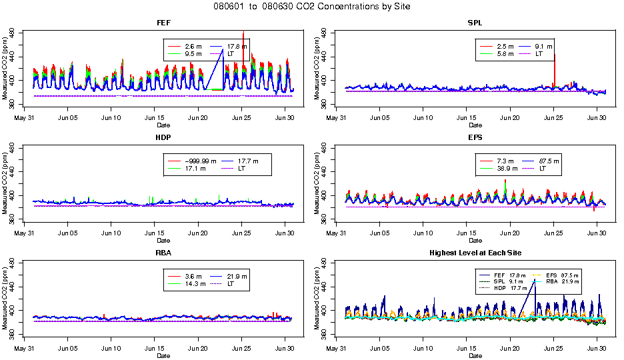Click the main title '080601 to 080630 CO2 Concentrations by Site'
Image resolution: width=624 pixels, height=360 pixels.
312,6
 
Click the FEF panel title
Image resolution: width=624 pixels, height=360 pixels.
163,23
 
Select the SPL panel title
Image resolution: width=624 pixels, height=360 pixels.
475,23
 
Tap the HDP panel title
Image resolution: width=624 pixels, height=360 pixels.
163,137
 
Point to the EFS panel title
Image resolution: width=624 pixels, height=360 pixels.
475,137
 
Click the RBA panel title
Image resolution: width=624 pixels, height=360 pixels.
163,253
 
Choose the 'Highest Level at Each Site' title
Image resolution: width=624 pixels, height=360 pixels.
475,253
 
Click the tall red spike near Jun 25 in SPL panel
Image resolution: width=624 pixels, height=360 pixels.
554,67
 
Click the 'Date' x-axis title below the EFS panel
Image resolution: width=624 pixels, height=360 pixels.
475,241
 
